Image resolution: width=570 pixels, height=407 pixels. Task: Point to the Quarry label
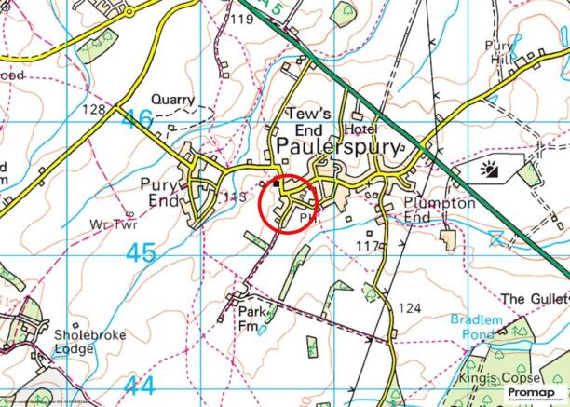[174, 99]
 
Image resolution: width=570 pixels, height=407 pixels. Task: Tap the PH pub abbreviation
[308, 215]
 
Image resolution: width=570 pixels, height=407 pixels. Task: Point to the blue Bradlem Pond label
[477, 326]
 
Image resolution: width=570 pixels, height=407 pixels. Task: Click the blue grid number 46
[138, 119]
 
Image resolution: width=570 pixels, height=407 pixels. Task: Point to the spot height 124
[410, 308]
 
